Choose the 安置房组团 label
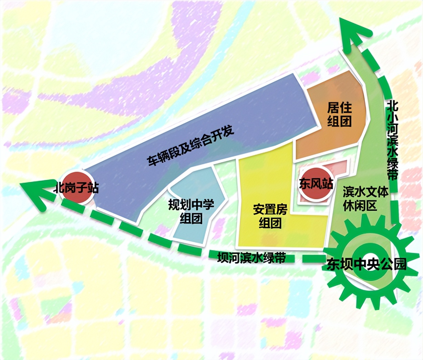(270, 216)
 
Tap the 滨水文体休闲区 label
(365, 199)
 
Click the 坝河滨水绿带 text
(251, 257)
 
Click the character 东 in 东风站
(305, 184)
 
